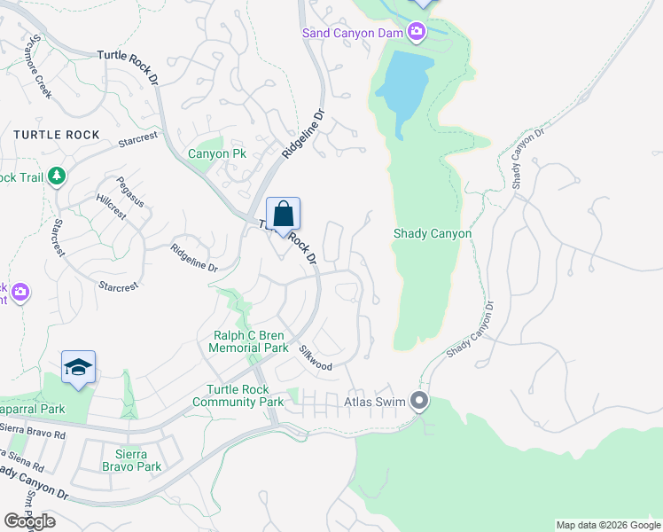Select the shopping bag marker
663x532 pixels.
click(x=283, y=215)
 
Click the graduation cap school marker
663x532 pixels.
click(x=78, y=369)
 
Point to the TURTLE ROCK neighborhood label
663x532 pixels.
click(x=55, y=135)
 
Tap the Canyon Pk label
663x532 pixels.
click(x=216, y=154)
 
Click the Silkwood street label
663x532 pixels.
click(x=316, y=359)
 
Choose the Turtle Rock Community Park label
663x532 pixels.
click(x=245, y=396)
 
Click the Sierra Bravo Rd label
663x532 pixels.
click(x=34, y=434)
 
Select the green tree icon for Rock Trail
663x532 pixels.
click(x=57, y=176)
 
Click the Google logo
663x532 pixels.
click(x=29, y=521)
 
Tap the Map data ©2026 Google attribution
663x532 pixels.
click(x=608, y=525)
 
